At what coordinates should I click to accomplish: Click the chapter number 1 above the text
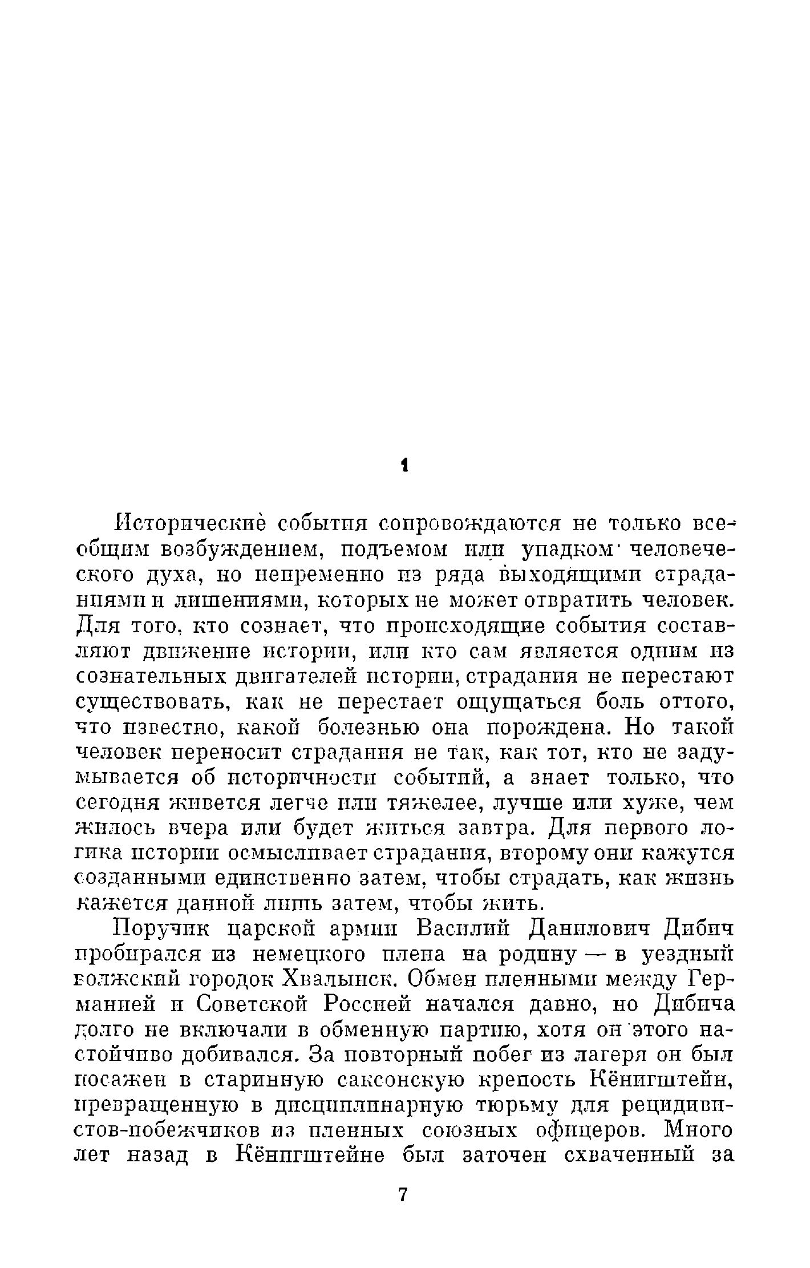tap(404, 466)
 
